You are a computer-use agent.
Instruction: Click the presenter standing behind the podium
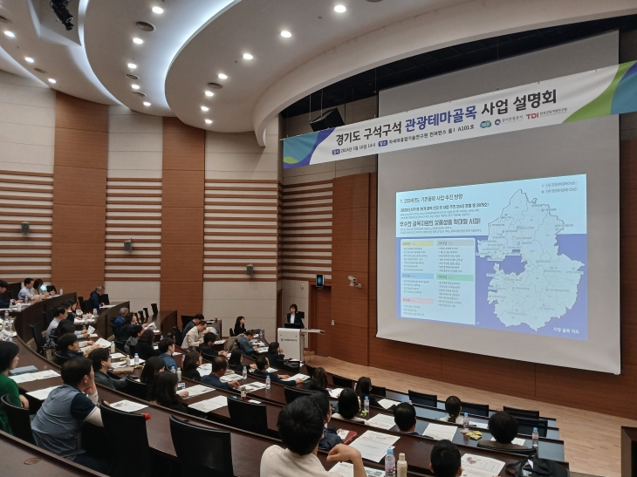click(x=294, y=316)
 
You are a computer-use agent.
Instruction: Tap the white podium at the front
click(x=291, y=343)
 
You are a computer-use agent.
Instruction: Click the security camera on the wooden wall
click(x=353, y=282)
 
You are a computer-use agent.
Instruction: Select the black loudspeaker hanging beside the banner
click(x=327, y=119)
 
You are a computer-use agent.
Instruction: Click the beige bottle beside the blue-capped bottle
click(x=401, y=464)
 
